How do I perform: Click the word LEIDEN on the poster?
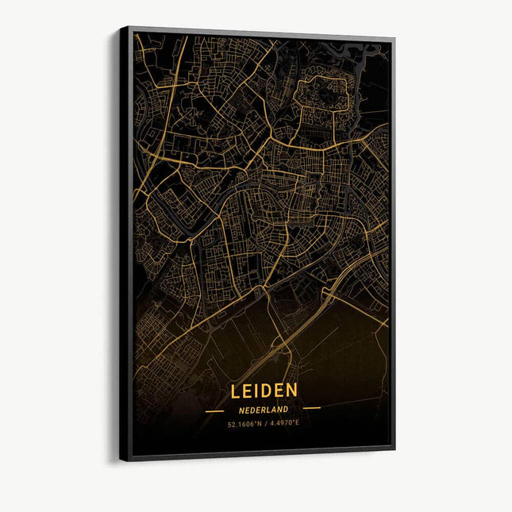click(x=264, y=391)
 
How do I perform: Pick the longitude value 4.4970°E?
click(x=283, y=423)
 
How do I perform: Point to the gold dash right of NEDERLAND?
click(x=311, y=409)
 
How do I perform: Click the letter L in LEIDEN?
click(x=236, y=391)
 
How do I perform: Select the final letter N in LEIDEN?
click(x=292, y=390)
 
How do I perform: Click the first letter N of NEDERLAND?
click(x=241, y=410)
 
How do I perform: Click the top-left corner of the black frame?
click(x=121, y=27)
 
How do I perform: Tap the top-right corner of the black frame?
click(x=394, y=38)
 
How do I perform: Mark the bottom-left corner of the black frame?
click(x=121, y=460)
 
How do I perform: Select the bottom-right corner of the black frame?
click(x=394, y=449)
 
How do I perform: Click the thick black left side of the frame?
click(x=125, y=238)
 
